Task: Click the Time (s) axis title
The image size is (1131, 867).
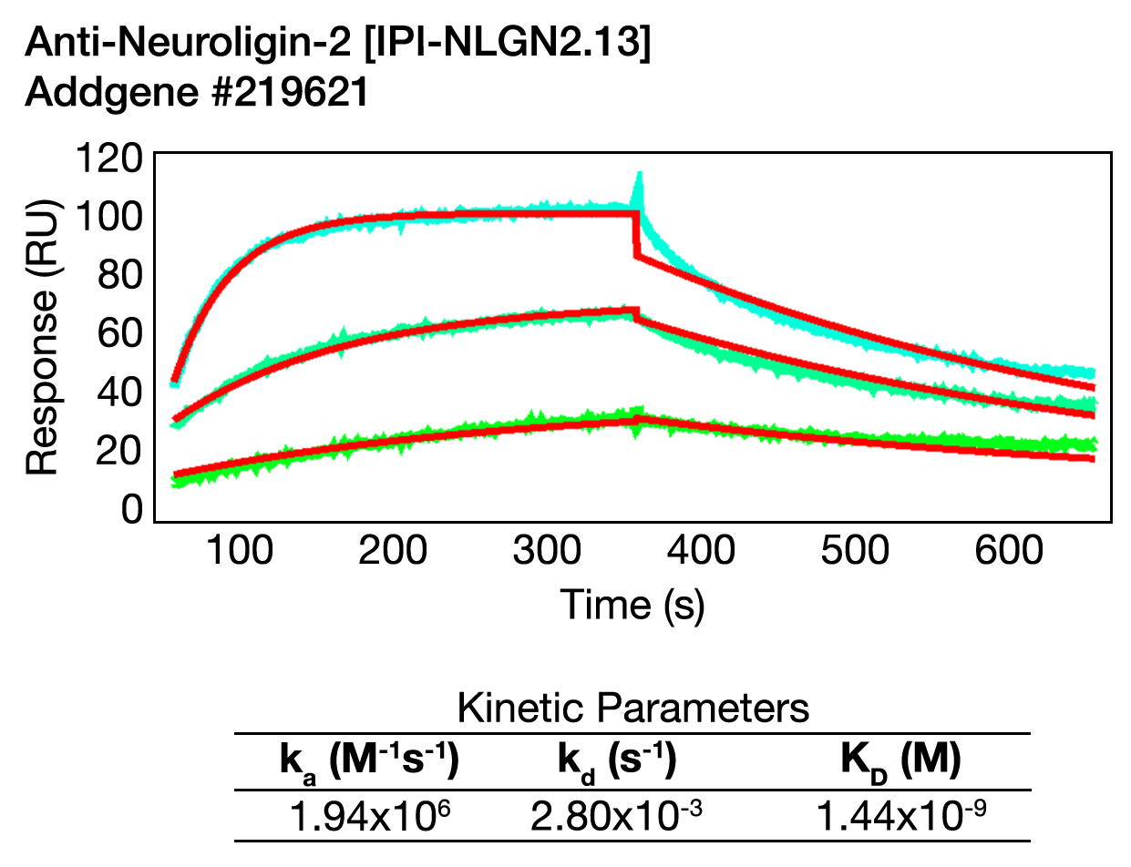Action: click(632, 604)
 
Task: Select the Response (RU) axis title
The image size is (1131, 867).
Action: click(42, 337)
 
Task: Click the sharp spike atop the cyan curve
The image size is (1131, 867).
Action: click(639, 182)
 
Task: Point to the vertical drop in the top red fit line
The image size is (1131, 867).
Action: click(635, 236)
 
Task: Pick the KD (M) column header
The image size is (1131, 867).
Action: click(900, 762)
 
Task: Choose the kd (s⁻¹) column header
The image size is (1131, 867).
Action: click(616, 762)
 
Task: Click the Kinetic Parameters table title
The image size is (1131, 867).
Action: click(632, 708)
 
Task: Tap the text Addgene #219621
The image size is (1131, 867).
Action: click(197, 94)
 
